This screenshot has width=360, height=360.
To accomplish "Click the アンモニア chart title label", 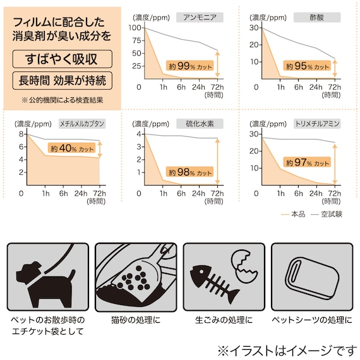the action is click(200, 18).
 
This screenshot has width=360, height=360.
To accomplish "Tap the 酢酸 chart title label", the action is click(317, 18).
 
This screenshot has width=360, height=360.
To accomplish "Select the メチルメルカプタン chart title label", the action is click(82, 124).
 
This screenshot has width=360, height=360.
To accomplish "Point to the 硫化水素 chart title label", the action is click(200, 124).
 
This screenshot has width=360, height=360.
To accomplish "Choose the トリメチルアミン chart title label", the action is click(317, 124).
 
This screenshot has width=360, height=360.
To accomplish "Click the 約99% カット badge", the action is click(190, 66).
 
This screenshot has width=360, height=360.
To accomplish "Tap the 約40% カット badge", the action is click(71, 148).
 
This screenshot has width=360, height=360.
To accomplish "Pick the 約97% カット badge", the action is click(307, 162).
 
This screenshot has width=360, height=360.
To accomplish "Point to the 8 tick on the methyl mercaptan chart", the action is click(21, 134).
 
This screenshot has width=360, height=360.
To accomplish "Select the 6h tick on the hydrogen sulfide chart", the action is click(181, 193).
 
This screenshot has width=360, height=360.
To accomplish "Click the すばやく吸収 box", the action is click(63, 59).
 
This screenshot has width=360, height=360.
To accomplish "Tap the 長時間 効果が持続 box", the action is click(63, 81).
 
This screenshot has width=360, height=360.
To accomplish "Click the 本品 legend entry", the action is click(293, 214).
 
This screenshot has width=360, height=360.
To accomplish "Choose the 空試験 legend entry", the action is click(327, 214).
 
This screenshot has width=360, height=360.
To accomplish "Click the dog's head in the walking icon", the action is click(28, 273).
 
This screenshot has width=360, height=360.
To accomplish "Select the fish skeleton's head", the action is click(200, 275).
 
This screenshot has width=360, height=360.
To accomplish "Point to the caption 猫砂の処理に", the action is click(136, 320).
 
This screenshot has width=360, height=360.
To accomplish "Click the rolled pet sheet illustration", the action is click(312, 278).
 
